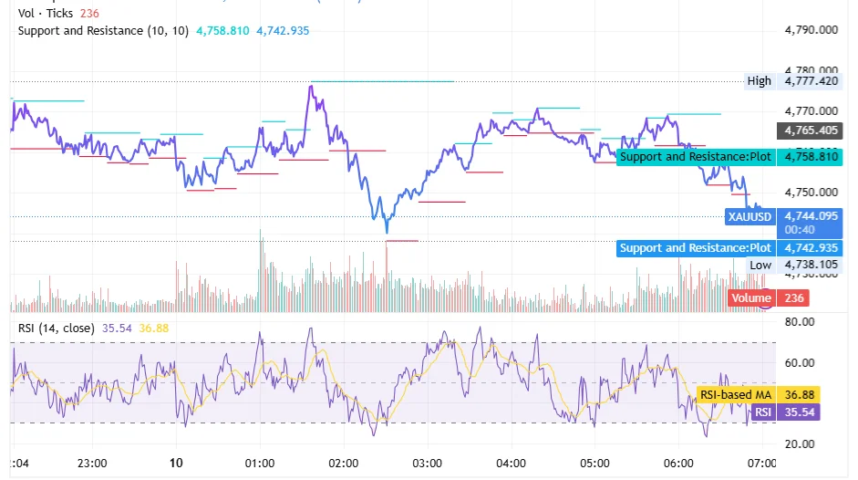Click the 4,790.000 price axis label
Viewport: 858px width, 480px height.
tap(811, 30)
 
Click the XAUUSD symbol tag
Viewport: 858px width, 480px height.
tap(749, 217)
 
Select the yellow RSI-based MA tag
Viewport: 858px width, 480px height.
tap(735, 395)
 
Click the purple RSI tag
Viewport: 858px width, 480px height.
tap(762, 412)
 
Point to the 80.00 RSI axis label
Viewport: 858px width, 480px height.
tap(799, 322)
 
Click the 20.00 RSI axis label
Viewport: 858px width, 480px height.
tap(799, 444)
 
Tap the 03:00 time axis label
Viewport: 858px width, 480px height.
tap(428, 463)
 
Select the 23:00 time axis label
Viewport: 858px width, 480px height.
tap(92, 463)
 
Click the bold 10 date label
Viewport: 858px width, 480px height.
tap(176, 463)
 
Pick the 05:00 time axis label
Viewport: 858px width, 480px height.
tap(594, 463)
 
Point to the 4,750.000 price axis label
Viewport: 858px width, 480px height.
tap(811, 193)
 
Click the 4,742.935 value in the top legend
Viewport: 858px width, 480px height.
tap(283, 31)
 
